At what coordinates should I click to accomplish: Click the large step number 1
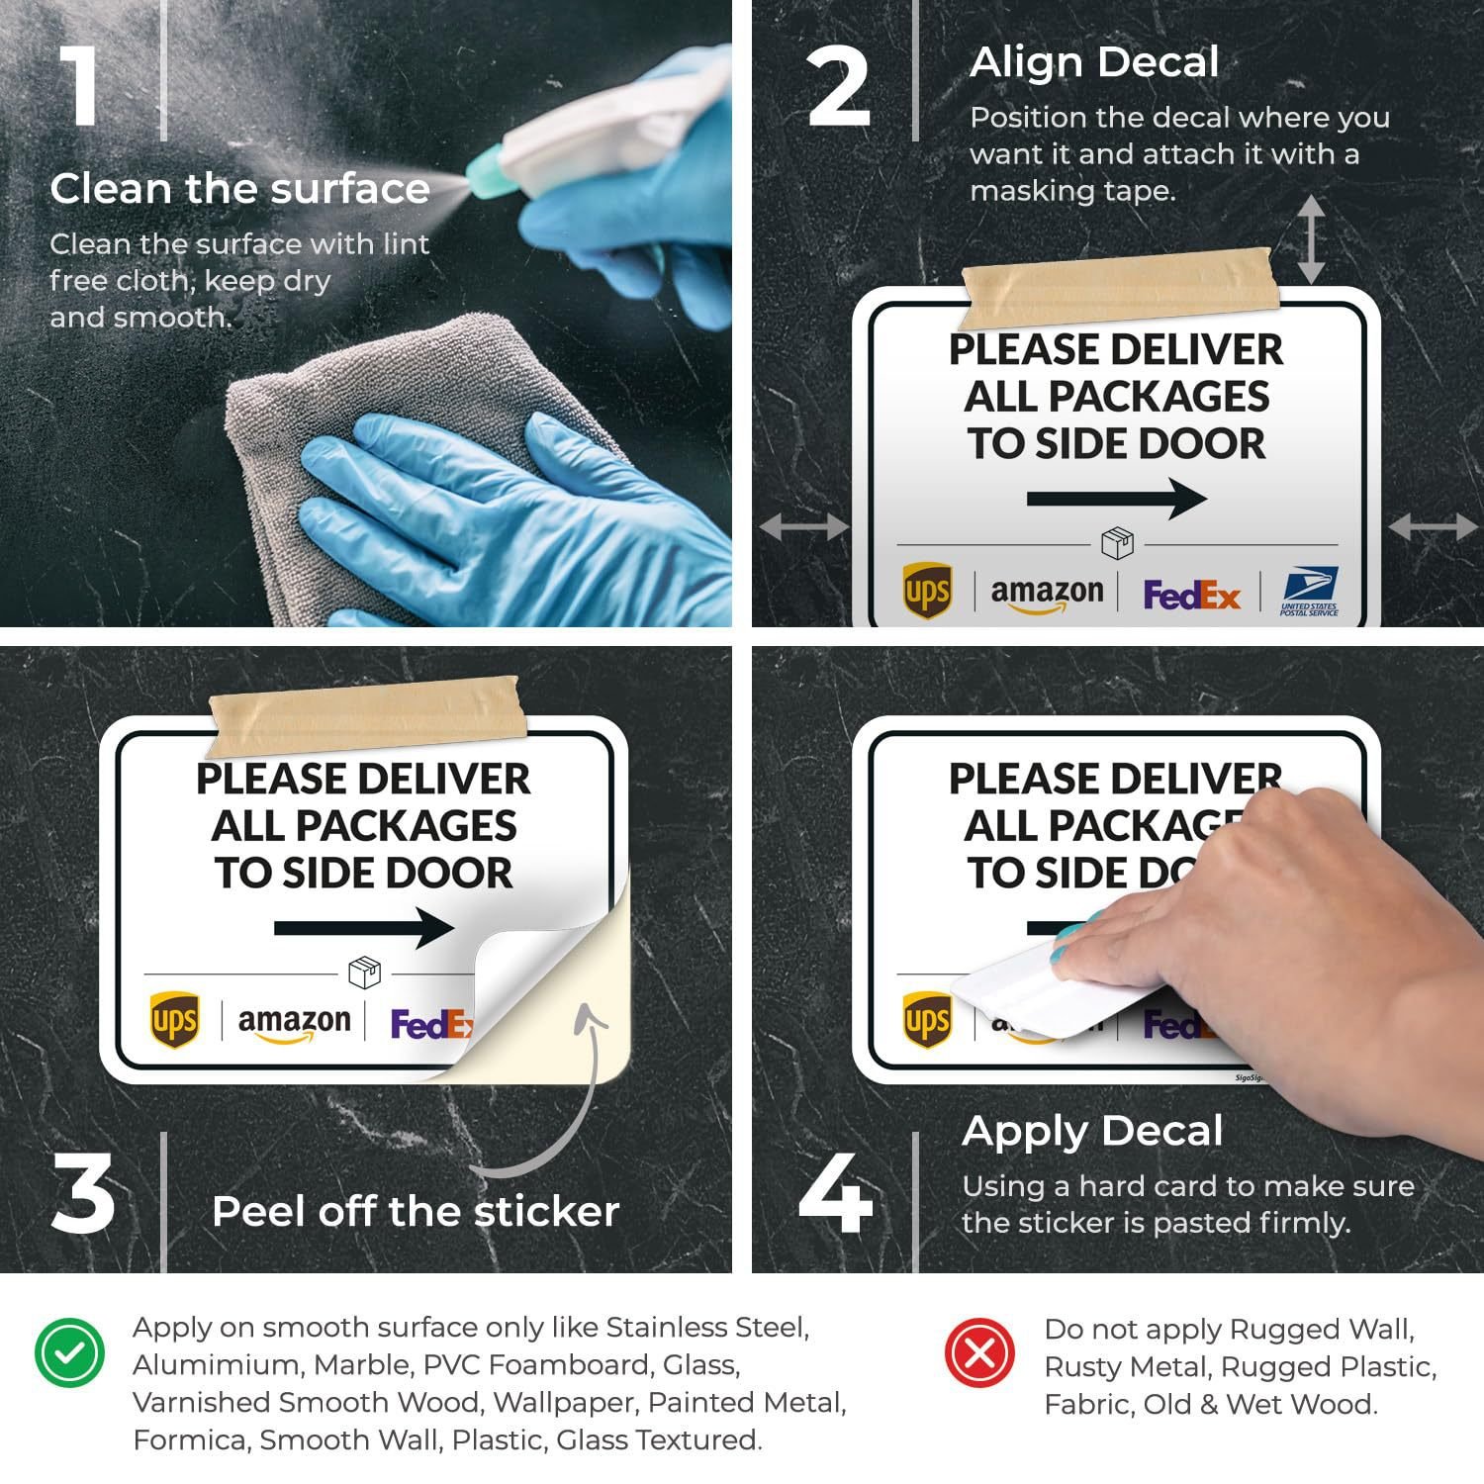(x=80, y=85)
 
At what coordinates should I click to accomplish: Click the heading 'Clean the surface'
(x=239, y=188)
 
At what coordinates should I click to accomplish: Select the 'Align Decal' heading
(x=1094, y=62)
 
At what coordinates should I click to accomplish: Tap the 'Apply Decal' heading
(x=1092, y=1132)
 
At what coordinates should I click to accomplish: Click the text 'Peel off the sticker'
(x=416, y=1211)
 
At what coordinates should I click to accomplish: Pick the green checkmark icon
(x=69, y=1352)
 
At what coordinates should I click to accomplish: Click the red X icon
(x=979, y=1352)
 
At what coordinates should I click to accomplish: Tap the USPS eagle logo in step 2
(x=1309, y=592)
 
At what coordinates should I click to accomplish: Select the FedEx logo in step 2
(x=1191, y=595)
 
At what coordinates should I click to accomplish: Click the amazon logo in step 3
(x=294, y=1024)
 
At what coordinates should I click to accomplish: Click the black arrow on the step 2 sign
(x=1117, y=499)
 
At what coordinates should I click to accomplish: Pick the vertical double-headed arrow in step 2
(x=1311, y=239)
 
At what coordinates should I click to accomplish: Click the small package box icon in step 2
(x=1117, y=543)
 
